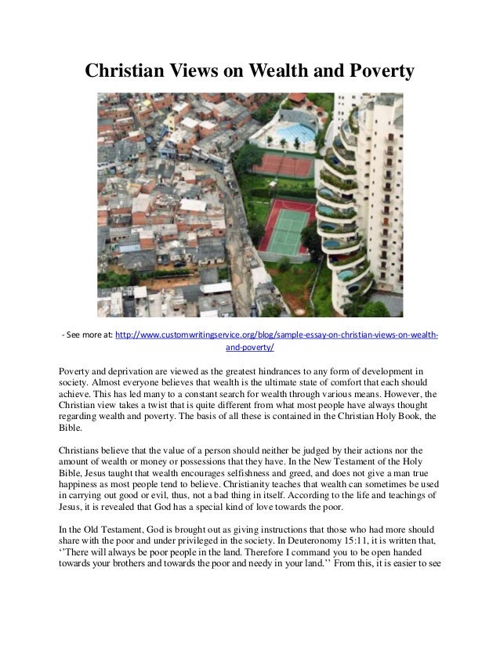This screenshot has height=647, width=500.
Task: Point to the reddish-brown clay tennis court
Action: point(282,164)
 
